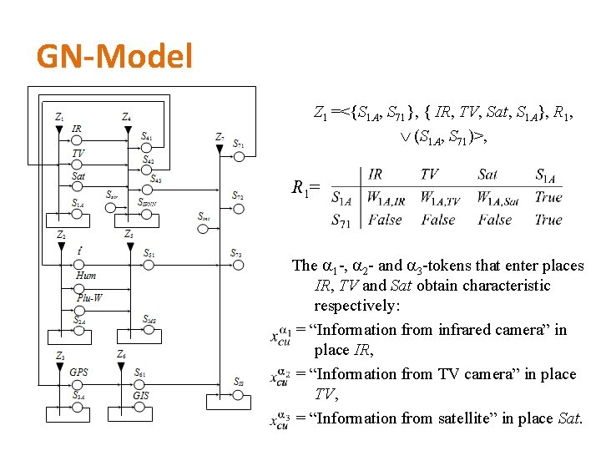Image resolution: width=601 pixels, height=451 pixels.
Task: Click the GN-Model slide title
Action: pyautogui.click(x=114, y=57)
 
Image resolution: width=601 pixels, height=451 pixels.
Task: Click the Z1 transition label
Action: pyautogui.click(x=59, y=117)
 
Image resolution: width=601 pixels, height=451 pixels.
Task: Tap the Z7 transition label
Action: pyautogui.click(x=219, y=137)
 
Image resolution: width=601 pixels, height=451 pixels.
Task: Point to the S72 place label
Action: pyautogui.click(x=238, y=196)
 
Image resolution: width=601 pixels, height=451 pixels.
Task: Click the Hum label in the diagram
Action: pyautogui.click(x=86, y=275)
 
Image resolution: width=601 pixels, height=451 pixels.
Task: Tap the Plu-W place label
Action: pyautogui.click(x=90, y=297)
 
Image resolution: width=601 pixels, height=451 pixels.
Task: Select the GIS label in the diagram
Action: pyautogui.click(x=141, y=395)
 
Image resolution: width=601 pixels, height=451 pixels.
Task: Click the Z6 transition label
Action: pyautogui.click(x=122, y=355)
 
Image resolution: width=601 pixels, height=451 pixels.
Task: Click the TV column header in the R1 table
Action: pyautogui.click(x=430, y=175)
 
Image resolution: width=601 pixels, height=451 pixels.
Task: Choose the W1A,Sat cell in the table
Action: pyautogui.click(x=499, y=199)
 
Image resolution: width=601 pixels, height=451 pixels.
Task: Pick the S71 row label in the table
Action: pyautogui.click(x=341, y=220)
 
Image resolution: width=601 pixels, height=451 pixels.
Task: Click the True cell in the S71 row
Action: pyautogui.click(x=548, y=220)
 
